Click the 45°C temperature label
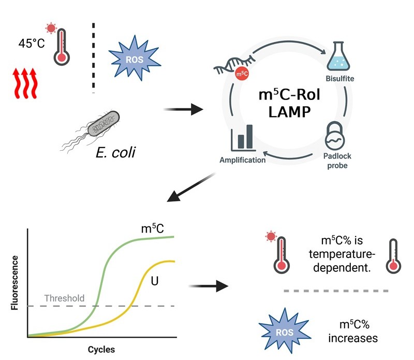(32, 44)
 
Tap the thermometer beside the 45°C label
(61, 44)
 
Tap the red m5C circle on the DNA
(241, 75)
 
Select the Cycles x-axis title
(101, 349)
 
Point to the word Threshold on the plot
(64, 298)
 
